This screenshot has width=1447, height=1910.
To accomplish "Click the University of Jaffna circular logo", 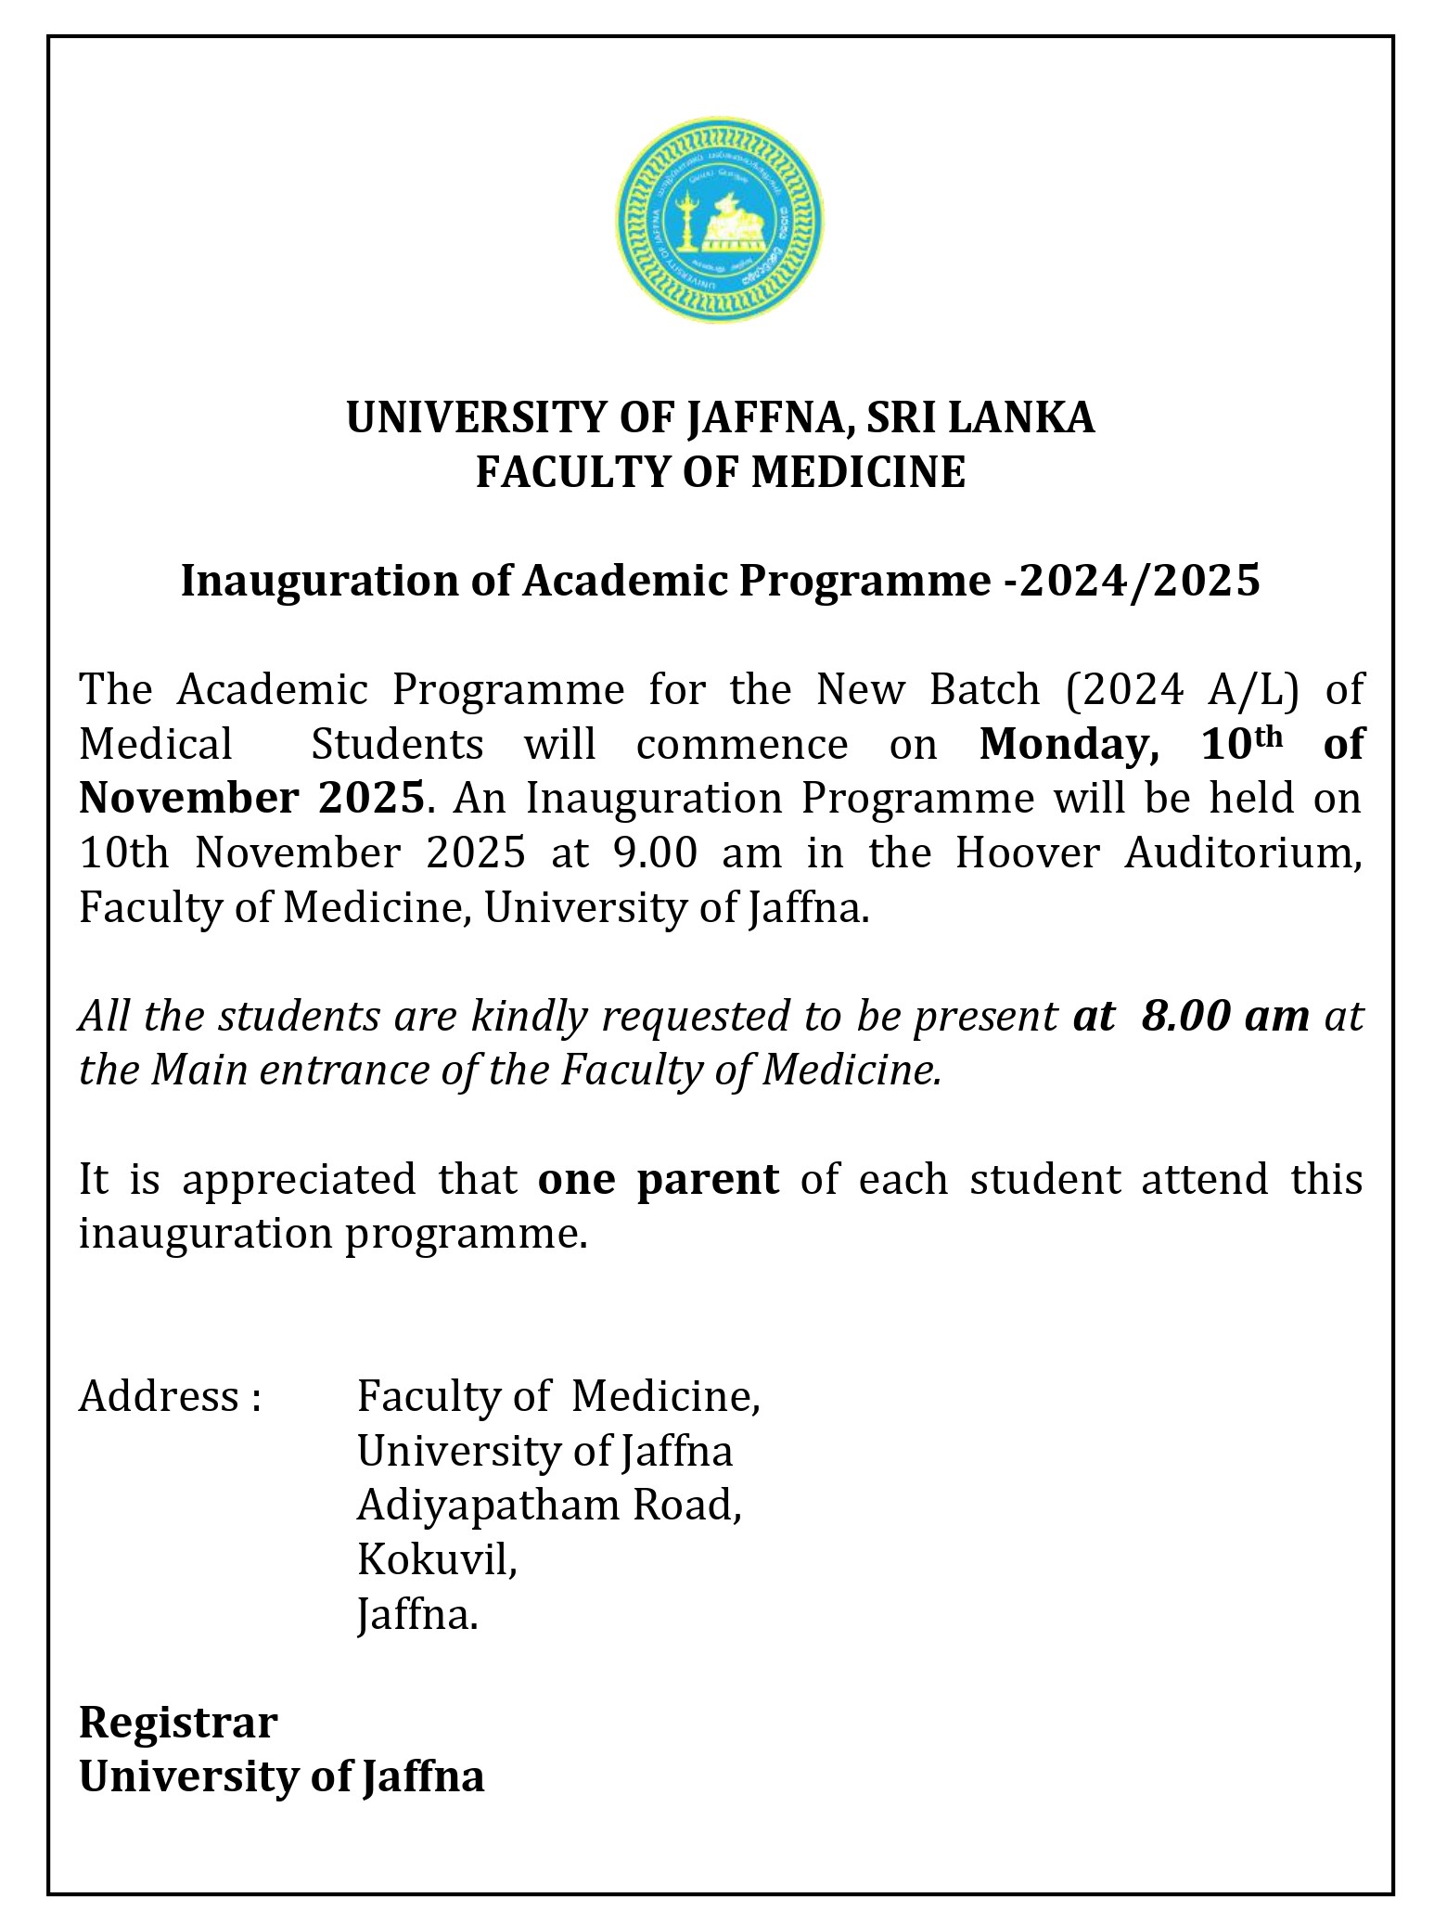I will [720, 221].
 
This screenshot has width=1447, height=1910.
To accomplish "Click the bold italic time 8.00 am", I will [1225, 1017].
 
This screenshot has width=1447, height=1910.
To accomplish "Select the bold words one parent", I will [658, 1180].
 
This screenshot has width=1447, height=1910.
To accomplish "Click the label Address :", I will [169, 1397].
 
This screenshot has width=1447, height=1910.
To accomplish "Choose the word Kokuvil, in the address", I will [436, 1560].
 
